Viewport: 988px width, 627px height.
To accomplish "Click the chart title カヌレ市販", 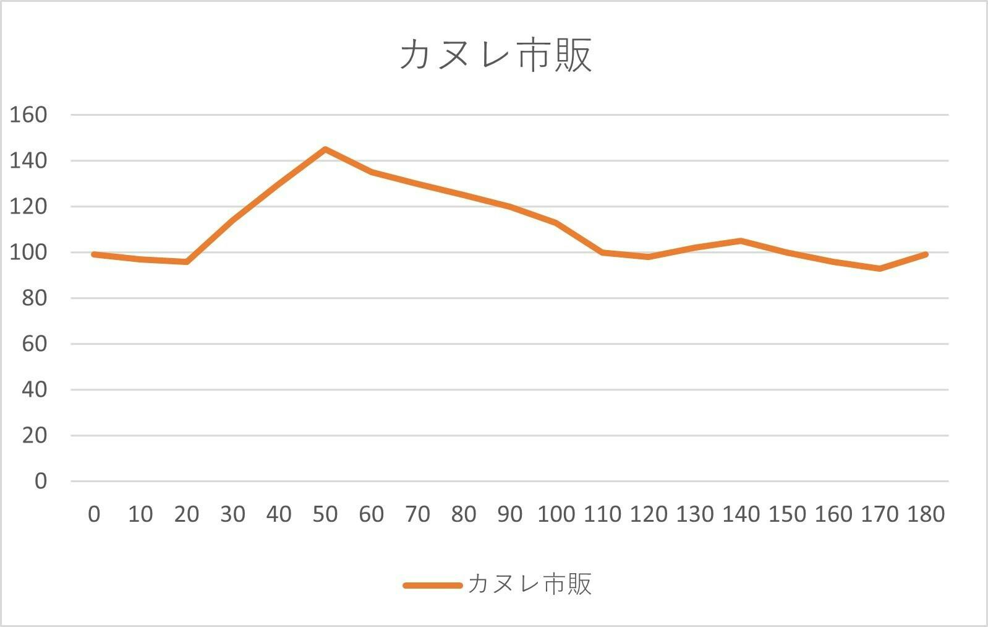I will [x=495, y=55].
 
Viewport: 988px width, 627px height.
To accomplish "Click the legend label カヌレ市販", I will [x=529, y=584].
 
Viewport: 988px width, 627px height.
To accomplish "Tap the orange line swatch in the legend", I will [x=432, y=585].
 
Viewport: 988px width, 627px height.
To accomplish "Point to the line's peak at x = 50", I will [x=325, y=149].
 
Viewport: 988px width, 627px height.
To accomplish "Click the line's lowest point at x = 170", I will [x=879, y=269].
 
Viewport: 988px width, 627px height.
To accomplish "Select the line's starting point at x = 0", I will [x=94, y=254].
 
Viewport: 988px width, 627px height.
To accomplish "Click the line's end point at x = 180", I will [x=926, y=254].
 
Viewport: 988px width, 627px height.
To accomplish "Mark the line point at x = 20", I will [x=187, y=262].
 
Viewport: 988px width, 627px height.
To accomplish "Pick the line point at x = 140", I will [x=741, y=240].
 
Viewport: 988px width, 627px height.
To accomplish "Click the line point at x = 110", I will [x=602, y=252].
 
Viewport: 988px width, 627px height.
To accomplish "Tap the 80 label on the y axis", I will [x=35, y=298].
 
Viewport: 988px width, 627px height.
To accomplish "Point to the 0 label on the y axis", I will [x=41, y=481].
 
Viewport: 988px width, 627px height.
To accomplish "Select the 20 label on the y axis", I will [x=35, y=435].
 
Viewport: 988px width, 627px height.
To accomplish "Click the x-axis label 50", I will [x=325, y=514].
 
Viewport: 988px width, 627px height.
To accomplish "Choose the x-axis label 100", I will [x=556, y=514].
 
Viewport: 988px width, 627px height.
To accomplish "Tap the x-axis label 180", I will [x=926, y=514].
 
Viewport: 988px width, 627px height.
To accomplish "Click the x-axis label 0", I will [x=94, y=514].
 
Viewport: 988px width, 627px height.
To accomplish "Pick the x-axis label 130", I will [x=694, y=514].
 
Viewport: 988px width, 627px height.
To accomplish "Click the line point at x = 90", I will [x=510, y=207].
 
